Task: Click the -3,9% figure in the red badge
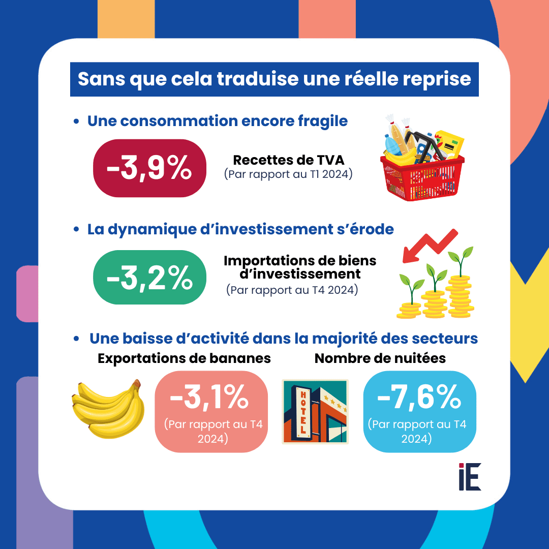(x=149, y=169)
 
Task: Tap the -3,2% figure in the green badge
(x=149, y=278)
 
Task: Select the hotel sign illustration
(x=315, y=411)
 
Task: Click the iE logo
(x=469, y=476)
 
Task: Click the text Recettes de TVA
(x=288, y=160)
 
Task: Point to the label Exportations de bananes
(x=184, y=358)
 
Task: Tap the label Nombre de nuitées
(x=380, y=358)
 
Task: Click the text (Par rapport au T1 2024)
(x=288, y=174)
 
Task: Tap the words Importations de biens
(x=300, y=261)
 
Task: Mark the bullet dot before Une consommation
(x=76, y=121)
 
